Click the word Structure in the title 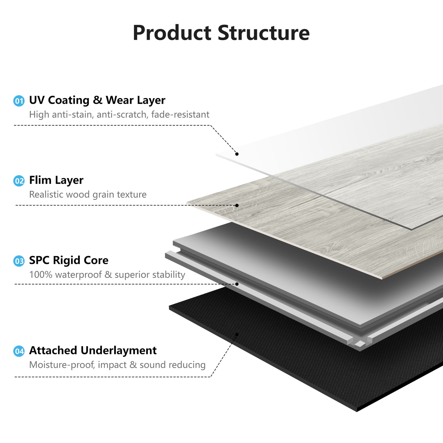tap(264, 33)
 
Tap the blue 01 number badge tap(19, 101)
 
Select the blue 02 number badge tap(19, 181)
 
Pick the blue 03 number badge tap(19, 261)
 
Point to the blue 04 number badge tap(19, 351)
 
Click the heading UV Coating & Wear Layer tap(97, 100)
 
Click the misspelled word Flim tap(40, 180)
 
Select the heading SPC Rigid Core tap(69, 260)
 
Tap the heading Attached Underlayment tap(93, 350)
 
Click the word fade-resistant tap(180, 115)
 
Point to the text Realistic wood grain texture tap(88, 195)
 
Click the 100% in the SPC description tap(41, 275)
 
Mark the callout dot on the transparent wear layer tap(237, 154)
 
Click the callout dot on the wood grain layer tap(237, 205)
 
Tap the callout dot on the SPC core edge tap(237, 284)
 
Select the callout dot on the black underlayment tap(237, 334)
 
